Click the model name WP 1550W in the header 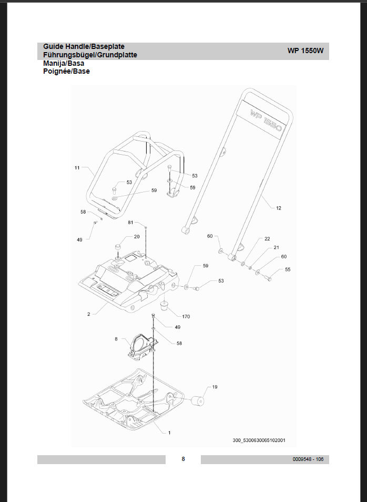[305, 51]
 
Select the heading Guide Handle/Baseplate [84, 46]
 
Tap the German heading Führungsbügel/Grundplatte [90, 55]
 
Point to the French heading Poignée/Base [66, 71]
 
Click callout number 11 [77, 168]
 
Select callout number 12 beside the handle [278, 208]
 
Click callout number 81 [130, 223]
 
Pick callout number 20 [137, 237]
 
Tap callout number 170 [186, 317]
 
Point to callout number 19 [215, 387]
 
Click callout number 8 [116, 339]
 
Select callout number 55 [287, 269]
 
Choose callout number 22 [267, 239]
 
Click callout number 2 [89, 314]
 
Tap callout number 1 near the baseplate [169, 433]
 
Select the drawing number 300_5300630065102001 [259, 440]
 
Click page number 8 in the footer [183, 459]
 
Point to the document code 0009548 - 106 [308, 459]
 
